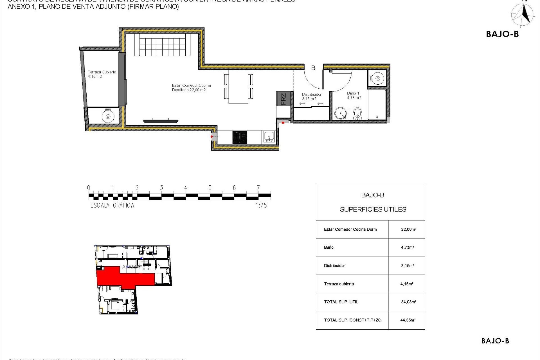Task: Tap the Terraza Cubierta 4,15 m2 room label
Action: click(x=102, y=74)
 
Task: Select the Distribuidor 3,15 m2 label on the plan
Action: click(x=311, y=96)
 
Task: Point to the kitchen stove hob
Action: click(x=240, y=137)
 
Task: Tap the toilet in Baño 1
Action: click(x=357, y=114)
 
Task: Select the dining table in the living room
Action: click(x=238, y=87)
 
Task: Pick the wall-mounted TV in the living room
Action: click(x=160, y=121)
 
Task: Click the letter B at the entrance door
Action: click(x=313, y=68)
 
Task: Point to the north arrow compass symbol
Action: click(x=523, y=15)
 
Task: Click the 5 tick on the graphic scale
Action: click(x=210, y=188)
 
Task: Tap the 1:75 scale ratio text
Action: click(x=261, y=206)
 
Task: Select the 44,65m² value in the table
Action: click(x=408, y=320)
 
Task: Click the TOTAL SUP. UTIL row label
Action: click(x=341, y=302)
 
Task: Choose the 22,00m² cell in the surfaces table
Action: click(x=408, y=229)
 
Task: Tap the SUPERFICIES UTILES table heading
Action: click(x=373, y=210)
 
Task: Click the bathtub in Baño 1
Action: click(x=377, y=105)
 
